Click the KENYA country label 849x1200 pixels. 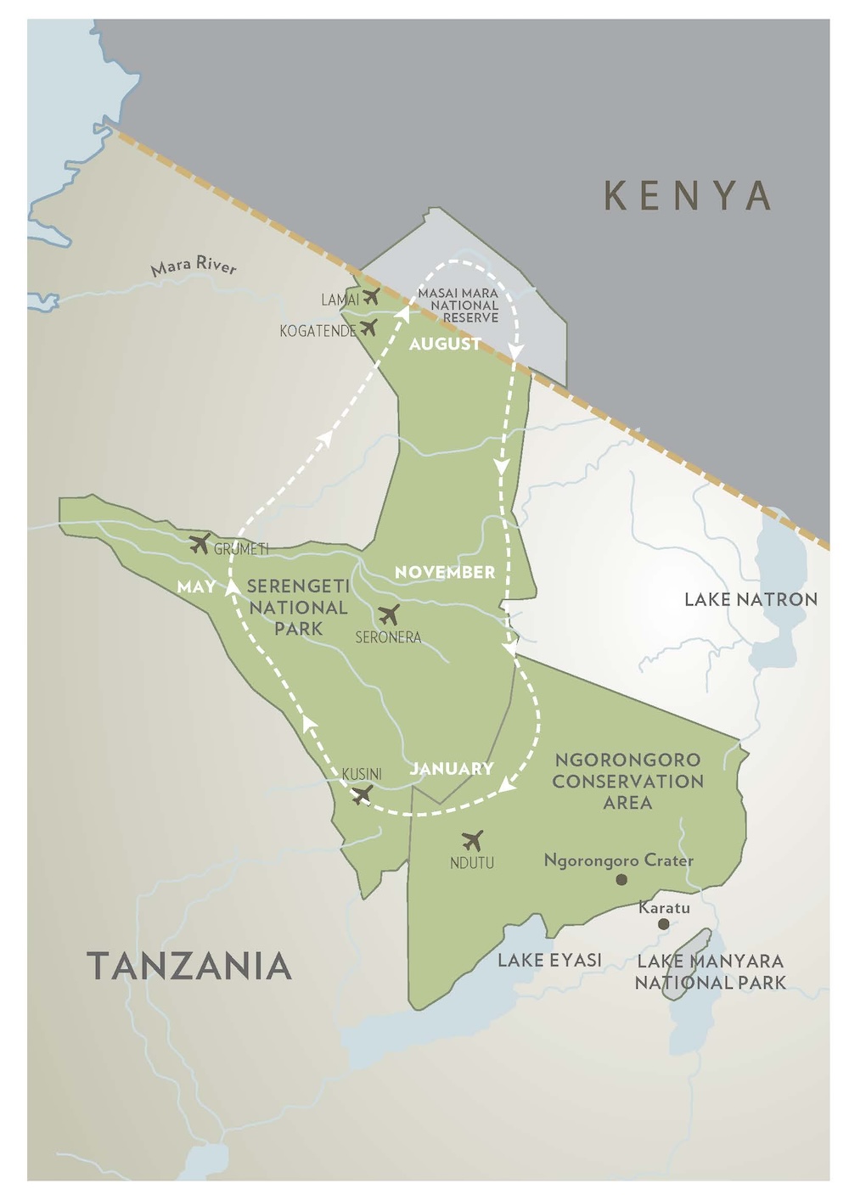[x=687, y=196]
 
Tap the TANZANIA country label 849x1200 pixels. [x=189, y=967]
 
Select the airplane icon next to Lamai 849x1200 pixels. [x=371, y=297]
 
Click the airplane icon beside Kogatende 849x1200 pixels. [x=368, y=328]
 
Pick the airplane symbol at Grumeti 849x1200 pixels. [x=200, y=544]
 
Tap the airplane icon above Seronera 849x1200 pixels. [x=389, y=615]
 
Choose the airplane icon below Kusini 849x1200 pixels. [x=362, y=795]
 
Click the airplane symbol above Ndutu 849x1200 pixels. [x=473, y=841]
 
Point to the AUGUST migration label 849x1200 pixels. [x=445, y=345]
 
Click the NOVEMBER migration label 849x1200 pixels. [x=445, y=573]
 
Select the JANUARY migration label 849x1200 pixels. [x=452, y=769]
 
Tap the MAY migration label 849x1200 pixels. [x=196, y=586]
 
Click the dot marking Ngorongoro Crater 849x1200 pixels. [x=621, y=880]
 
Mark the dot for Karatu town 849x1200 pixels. [x=663, y=924]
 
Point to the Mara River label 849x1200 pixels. [x=194, y=266]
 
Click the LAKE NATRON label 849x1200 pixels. [x=751, y=600]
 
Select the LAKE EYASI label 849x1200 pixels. [x=549, y=961]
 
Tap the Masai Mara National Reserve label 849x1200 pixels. [x=458, y=306]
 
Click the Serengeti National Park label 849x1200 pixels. [x=298, y=608]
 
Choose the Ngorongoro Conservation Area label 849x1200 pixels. [x=627, y=781]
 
